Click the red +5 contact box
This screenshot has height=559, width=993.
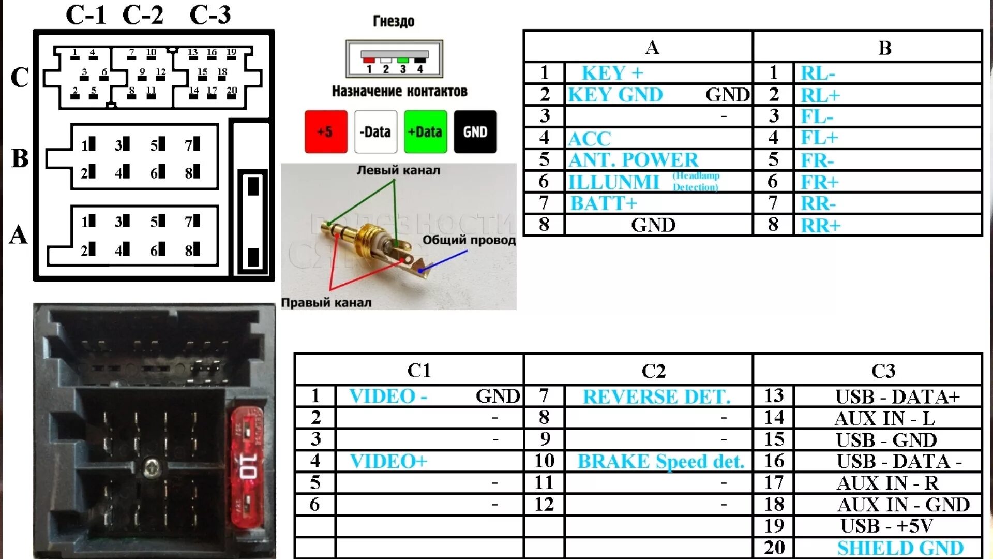(325, 131)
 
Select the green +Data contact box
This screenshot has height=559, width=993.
(425, 131)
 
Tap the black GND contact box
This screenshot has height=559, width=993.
(475, 131)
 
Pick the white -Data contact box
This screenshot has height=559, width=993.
(375, 131)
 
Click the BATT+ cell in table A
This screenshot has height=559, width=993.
(604, 203)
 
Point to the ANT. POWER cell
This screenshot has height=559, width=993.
(633, 160)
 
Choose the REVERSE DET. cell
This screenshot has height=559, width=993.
(656, 396)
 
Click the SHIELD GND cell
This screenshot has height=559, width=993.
(900, 548)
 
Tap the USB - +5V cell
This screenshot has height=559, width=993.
(886, 526)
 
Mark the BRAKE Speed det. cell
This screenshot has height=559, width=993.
(660, 461)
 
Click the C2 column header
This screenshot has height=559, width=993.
(653, 371)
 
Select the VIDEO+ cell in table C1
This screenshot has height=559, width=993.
(388, 461)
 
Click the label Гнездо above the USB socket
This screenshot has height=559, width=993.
(394, 21)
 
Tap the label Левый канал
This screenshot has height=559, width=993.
(398, 170)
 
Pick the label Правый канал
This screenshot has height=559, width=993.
(326, 303)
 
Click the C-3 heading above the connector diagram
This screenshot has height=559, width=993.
(210, 15)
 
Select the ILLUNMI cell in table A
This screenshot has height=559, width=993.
(614, 182)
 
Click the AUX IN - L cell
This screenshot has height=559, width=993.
(884, 418)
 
